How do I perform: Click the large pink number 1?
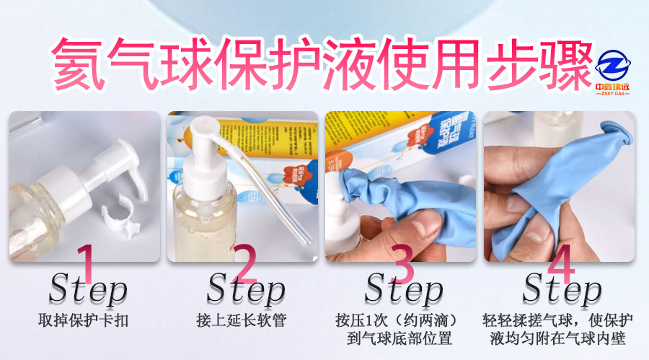[x=86, y=264]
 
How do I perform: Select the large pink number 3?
[x=401, y=264]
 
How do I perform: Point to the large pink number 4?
[x=560, y=264]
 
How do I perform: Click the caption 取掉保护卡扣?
[x=86, y=320]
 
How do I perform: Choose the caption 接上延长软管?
[x=244, y=320]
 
